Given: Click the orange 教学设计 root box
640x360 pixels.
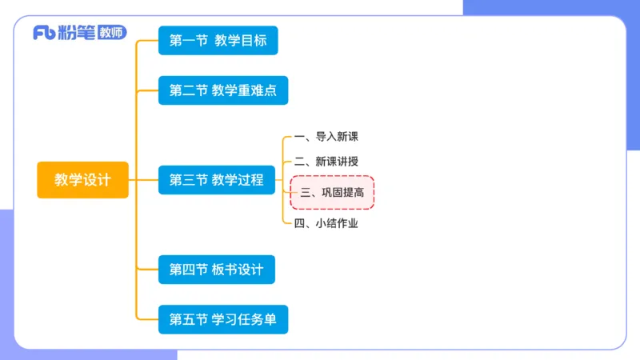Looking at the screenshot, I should click(x=82, y=180).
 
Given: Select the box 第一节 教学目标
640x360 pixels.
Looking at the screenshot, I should click(x=218, y=40).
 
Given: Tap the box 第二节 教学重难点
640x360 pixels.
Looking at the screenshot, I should click(x=222, y=90).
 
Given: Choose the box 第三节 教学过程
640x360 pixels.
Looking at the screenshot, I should click(x=216, y=180).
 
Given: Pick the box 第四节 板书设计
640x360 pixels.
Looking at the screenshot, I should click(x=216, y=270).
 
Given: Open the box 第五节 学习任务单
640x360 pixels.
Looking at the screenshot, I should click(x=222, y=319).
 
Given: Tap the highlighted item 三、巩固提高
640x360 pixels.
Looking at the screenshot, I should click(x=332, y=193).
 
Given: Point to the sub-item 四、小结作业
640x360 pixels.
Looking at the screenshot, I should click(x=326, y=223).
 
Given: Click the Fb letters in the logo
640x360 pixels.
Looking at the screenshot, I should click(x=44, y=34).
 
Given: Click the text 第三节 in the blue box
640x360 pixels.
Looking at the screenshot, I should click(x=188, y=180).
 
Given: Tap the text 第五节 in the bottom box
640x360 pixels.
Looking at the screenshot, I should click(x=188, y=319).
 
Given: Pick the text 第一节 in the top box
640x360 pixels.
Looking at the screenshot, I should click(x=188, y=40).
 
